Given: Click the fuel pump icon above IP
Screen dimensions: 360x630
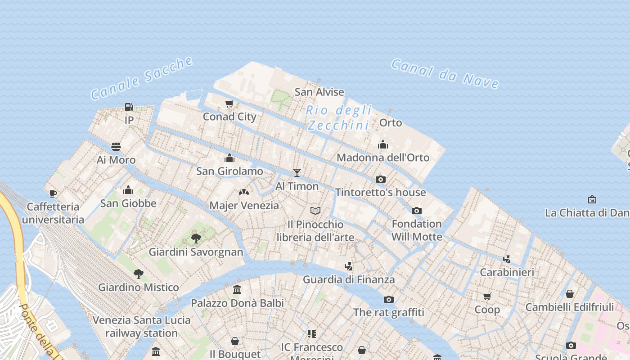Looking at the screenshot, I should pyautogui.click(x=129, y=107).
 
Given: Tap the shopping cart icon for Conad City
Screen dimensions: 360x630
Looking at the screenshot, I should pyautogui.click(x=229, y=104).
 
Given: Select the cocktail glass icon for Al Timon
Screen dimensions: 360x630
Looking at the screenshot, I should pyautogui.click(x=297, y=173).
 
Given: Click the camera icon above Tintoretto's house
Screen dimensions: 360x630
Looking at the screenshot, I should pyautogui.click(x=381, y=179).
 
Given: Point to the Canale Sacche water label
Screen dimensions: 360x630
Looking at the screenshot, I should pyautogui.click(x=142, y=78).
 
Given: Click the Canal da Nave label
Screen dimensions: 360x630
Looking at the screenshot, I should pyautogui.click(x=445, y=73).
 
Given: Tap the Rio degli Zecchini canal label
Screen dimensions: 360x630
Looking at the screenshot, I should pyautogui.click(x=339, y=117).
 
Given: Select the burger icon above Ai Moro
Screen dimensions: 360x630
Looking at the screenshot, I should pyautogui.click(x=116, y=147).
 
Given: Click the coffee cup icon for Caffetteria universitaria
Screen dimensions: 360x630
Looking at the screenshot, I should pyautogui.click(x=53, y=194).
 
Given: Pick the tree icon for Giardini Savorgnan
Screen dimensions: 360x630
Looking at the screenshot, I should pyautogui.click(x=196, y=238).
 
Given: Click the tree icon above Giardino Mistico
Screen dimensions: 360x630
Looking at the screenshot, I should pyautogui.click(x=139, y=274).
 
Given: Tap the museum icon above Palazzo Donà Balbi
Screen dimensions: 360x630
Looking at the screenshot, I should pyautogui.click(x=237, y=290).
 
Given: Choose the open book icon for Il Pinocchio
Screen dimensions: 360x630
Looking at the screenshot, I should pyautogui.click(x=315, y=211).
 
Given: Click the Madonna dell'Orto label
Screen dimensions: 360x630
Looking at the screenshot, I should pyautogui.click(x=383, y=157).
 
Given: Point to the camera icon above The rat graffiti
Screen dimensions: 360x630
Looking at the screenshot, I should pyautogui.click(x=389, y=299).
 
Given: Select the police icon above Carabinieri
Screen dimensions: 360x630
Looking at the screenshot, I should pyautogui.click(x=507, y=259).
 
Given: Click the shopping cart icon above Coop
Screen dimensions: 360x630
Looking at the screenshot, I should pyautogui.click(x=487, y=296).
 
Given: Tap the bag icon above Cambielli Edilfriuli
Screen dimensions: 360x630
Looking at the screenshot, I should pyautogui.click(x=570, y=294).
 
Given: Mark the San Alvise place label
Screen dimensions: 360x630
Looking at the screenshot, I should pyautogui.click(x=319, y=92).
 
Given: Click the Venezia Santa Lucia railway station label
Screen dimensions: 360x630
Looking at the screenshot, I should pyautogui.click(x=142, y=327).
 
